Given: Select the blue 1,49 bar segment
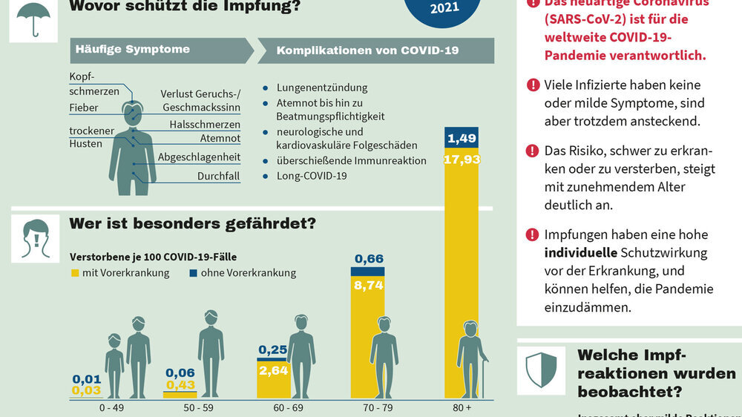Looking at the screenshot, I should (x=462, y=138).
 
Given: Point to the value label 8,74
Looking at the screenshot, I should (x=369, y=284).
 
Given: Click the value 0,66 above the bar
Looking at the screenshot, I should (x=369, y=259).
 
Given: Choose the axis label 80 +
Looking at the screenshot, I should (x=462, y=408).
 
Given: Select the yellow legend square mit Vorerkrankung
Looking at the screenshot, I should (x=74, y=273).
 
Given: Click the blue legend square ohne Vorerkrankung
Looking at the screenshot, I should (x=193, y=273).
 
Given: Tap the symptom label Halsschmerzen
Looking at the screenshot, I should (x=204, y=124).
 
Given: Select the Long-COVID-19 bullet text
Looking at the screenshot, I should (x=312, y=177).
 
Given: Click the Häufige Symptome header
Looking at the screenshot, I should (x=132, y=50).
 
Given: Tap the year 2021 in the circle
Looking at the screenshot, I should (x=444, y=8).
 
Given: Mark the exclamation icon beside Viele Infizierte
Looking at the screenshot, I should (x=532, y=85).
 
